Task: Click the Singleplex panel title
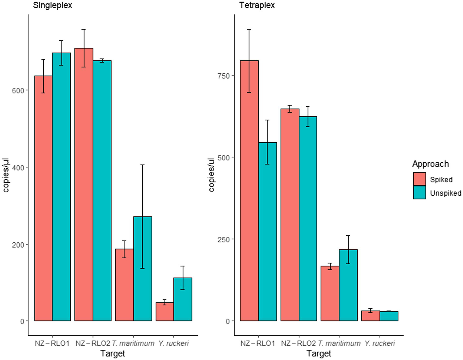52,5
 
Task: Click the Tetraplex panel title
257,5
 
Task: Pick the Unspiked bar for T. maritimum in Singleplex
143,268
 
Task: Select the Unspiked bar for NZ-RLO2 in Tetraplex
308,219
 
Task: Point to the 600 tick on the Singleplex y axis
18,90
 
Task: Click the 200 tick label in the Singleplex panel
18,245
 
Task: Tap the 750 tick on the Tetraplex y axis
224,76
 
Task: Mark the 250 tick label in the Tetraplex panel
224,239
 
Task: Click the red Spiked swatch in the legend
419,179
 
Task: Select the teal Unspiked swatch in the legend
419,193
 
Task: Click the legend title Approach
430,164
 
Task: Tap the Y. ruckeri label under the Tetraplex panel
379,343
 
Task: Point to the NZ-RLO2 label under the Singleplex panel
93,343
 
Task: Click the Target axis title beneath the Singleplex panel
113,353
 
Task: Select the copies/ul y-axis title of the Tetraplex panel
211,175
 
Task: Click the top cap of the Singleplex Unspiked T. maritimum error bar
143,165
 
